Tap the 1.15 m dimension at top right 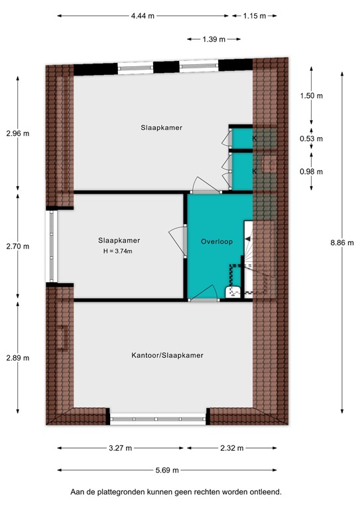[253, 15]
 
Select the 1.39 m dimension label [213, 39]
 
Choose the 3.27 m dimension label [119, 449]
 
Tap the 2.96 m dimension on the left [17, 133]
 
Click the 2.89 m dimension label [17, 358]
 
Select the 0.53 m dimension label [311, 139]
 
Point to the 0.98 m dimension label [311, 172]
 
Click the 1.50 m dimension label [311, 96]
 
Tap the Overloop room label [216, 242]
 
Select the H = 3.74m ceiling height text [119, 251]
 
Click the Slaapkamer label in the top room [161, 127]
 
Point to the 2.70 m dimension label [17, 247]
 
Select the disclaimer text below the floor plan [176, 492]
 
